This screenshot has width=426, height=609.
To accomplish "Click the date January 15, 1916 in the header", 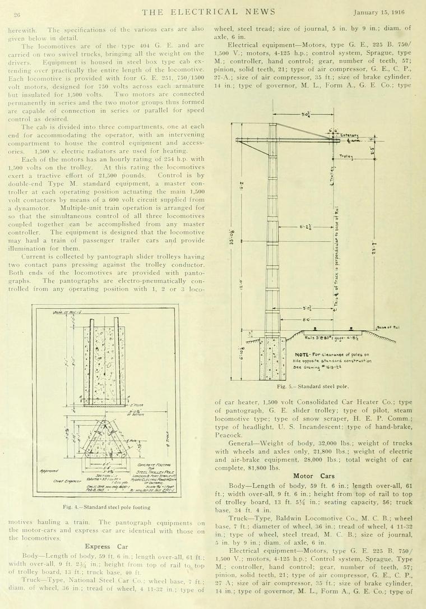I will [x=386, y=12].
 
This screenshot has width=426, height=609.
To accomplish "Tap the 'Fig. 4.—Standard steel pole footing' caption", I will [x=106, y=507].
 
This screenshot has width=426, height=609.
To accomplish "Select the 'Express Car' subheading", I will [x=106, y=546].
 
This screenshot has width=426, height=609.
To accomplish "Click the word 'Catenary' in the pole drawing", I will [x=349, y=136].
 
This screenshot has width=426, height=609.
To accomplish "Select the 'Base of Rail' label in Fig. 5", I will [x=388, y=327].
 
